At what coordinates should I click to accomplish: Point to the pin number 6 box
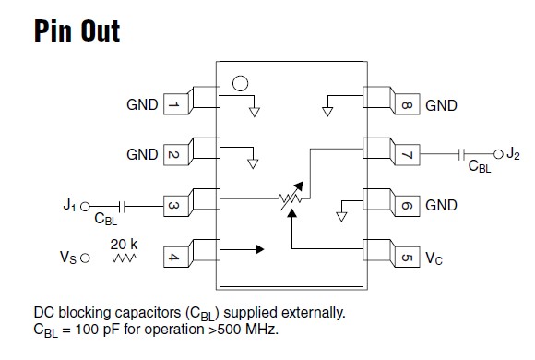tap(406, 205)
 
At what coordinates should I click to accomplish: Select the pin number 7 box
tap(406, 155)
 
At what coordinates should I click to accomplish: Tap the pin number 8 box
tap(406, 105)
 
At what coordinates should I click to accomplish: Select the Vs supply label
tap(68, 257)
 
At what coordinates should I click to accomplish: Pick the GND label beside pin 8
tap(441, 105)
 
